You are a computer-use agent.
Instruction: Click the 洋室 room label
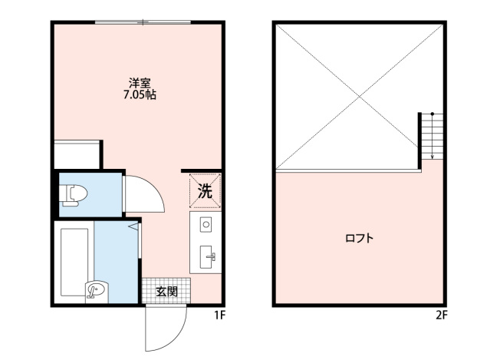[x=139, y=83]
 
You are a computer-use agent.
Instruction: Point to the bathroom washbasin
[x=96, y=290]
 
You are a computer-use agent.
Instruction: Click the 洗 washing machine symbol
[x=205, y=191]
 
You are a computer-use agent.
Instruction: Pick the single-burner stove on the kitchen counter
[x=206, y=226]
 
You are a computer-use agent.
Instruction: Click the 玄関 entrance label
[x=166, y=291]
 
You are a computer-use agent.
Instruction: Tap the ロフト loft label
[x=359, y=239]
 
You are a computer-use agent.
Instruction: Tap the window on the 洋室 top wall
[x=142, y=23]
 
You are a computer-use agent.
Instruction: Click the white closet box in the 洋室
[x=77, y=154]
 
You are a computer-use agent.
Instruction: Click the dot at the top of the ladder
[x=432, y=114]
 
